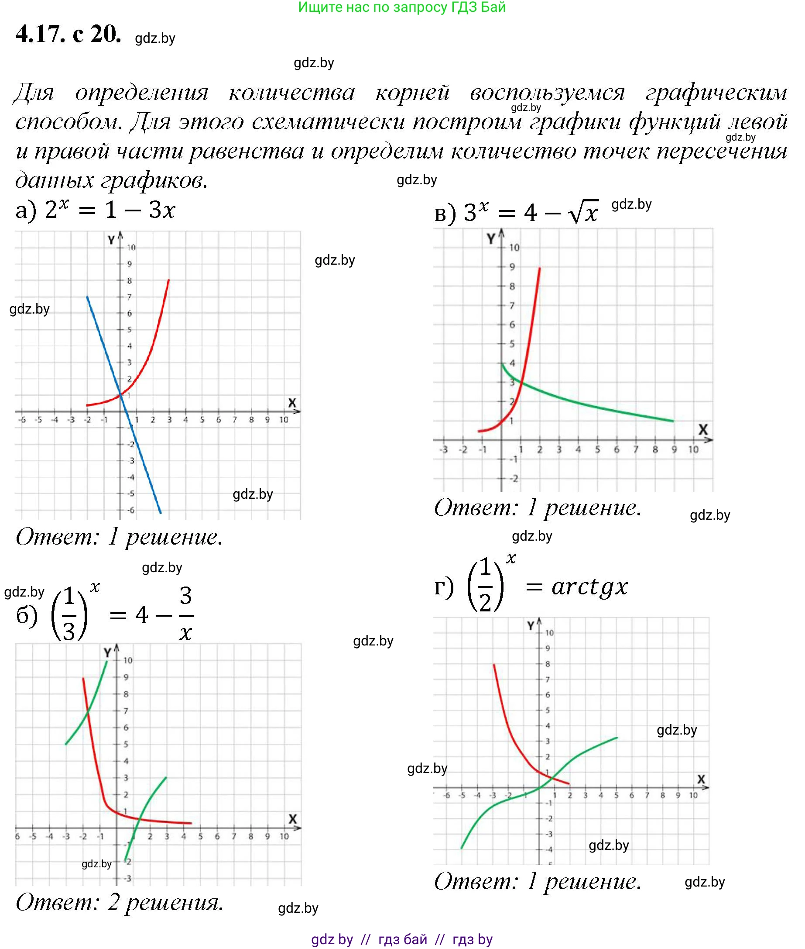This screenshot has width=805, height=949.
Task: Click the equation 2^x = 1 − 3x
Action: pyautogui.click(x=110, y=211)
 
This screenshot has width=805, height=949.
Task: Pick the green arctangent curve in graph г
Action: pyautogui.click(x=589, y=748)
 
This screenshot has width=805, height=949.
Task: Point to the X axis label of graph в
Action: pyautogui.click(x=703, y=429)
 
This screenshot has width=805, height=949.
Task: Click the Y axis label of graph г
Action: pyautogui.click(x=531, y=626)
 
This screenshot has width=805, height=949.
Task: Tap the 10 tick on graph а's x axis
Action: pyautogui.click(x=284, y=420)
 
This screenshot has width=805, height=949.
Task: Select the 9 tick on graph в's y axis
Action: pyautogui.click(x=512, y=267)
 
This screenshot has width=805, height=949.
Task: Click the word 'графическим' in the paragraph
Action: pyautogui.click(x=716, y=93)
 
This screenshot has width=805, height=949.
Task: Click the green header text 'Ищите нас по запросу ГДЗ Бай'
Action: pyautogui.click(x=401, y=7)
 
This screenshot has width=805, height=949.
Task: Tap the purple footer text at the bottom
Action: pyautogui.click(x=401, y=939)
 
